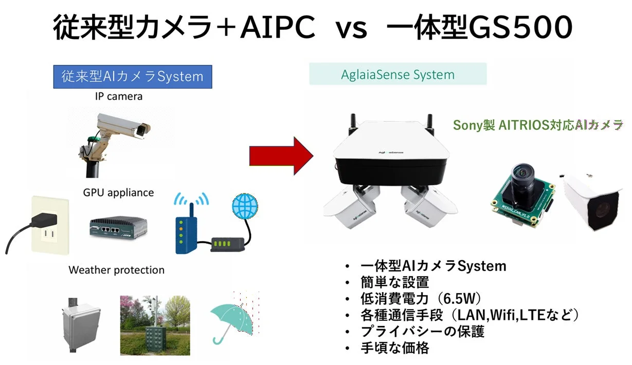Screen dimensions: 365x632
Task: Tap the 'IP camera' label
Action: coord(118,96)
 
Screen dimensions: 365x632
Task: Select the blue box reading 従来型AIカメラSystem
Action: coord(133,77)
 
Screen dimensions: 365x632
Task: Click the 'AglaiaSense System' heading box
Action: coord(398,74)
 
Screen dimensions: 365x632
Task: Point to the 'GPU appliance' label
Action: coord(118,193)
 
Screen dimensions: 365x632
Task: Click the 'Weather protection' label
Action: coord(116,270)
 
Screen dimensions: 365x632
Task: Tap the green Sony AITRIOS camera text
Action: coord(538,125)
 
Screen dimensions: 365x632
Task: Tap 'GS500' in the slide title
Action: coord(520,28)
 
